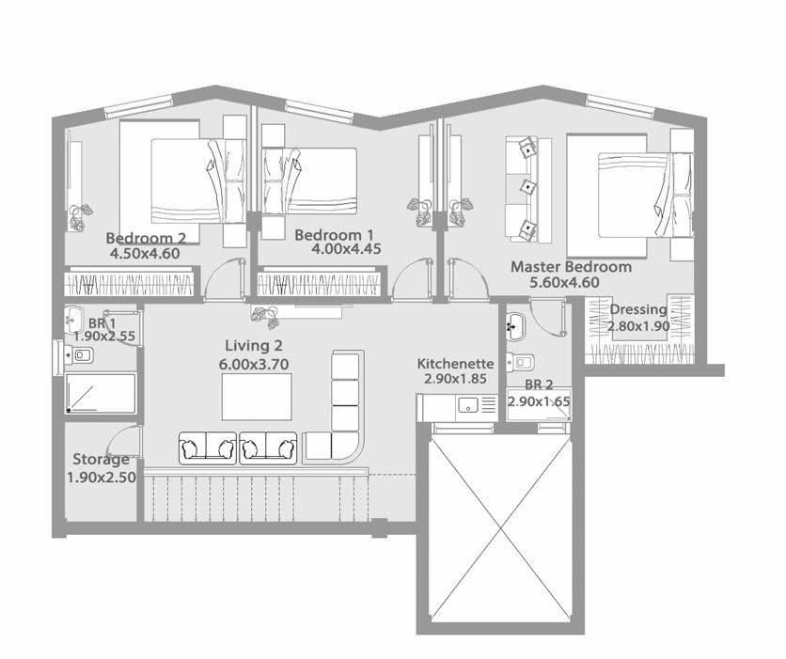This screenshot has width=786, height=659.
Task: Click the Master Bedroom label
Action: click(571, 267)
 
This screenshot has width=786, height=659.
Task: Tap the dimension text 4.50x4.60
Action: click(145, 253)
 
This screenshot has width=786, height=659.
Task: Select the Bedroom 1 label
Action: click(334, 234)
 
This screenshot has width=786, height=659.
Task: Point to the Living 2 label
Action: click(254, 345)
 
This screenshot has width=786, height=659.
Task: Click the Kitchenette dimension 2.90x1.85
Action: click(455, 378)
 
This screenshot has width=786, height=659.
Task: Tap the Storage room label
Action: click(102, 459)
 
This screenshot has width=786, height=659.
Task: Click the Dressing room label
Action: click(638, 309)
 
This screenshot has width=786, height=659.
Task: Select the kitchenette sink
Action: click(468, 404)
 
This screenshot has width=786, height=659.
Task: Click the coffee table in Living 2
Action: click(257, 397)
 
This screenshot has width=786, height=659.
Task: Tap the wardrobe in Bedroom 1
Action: click(322, 284)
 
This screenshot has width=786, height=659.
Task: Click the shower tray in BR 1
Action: click(101, 393)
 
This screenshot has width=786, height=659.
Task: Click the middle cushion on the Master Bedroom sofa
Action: click(527, 186)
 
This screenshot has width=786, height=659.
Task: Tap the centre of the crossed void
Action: click(501, 529)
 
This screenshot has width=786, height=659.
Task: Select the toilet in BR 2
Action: click(521, 362)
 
